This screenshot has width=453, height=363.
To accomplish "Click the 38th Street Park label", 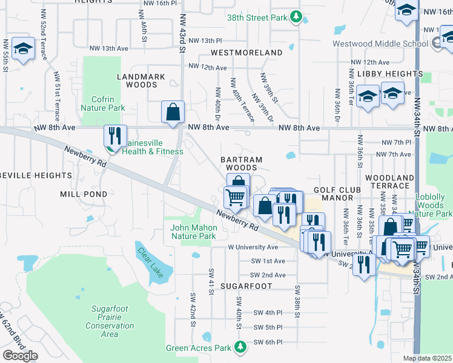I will tap(257, 18).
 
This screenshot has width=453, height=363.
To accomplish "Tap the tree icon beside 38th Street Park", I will tap(296, 17).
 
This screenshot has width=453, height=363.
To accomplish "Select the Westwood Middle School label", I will tap(381, 44).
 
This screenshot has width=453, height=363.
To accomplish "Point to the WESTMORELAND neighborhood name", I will tap(246, 53).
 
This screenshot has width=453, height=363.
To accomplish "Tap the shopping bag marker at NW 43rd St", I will tap(173, 111).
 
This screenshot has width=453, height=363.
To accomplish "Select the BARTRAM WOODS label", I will tap(241, 163).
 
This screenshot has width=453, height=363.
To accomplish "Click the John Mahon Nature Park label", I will tap(193, 232).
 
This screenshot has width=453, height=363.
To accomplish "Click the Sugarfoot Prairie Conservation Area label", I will tap(110, 321).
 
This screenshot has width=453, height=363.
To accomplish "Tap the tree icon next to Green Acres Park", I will tap(241, 347).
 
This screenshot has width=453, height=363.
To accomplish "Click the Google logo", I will tap(20, 355).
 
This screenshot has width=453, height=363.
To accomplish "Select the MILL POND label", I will tap(84, 194).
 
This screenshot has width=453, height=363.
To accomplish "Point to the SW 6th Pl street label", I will tap(269, 342).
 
